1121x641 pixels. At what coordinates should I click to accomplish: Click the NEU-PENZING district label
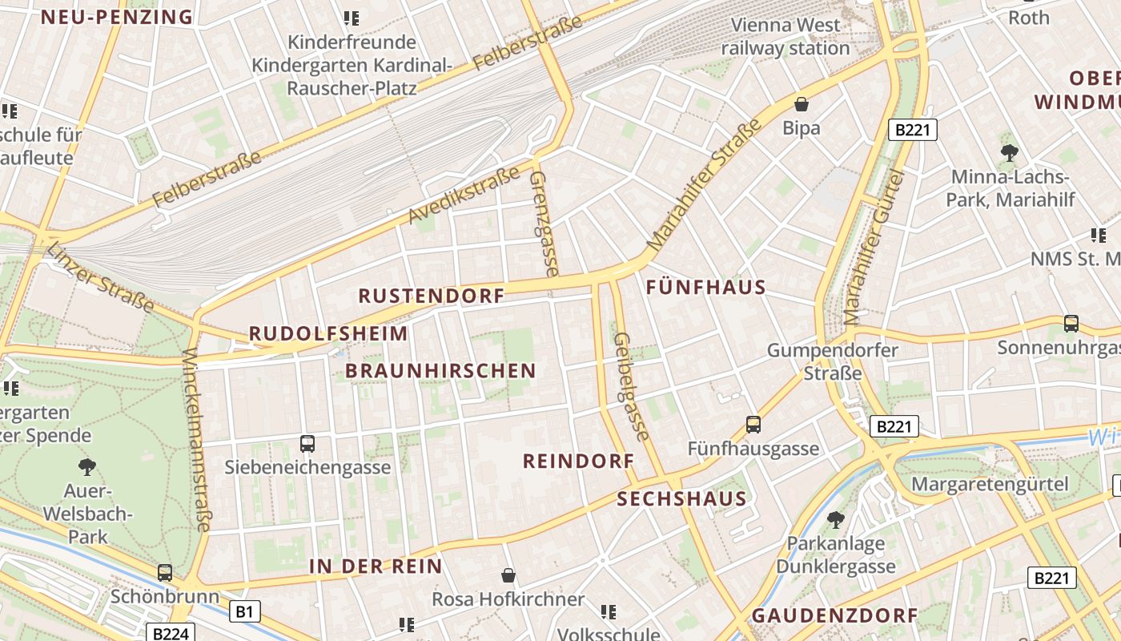pyautogui.click(x=117, y=17)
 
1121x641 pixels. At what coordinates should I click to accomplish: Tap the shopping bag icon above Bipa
pyautogui.click(x=801, y=104)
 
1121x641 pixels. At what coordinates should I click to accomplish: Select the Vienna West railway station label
pyautogui.click(x=785, y=37)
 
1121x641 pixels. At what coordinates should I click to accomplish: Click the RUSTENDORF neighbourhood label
pyautogui.click(x=431, y=296)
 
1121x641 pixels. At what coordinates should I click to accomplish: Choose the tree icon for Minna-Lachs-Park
pyautogui.click(x=1009, y=152)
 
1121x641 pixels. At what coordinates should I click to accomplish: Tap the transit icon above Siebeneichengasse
pyautogui.click(x=307, y=443)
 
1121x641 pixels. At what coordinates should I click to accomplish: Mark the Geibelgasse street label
pyautogui.click(x=630, y=386)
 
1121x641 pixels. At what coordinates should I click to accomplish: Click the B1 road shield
pyautogui.click(x=245, y=612)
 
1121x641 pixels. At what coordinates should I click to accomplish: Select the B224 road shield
pyautogui.click(x=171, y=633)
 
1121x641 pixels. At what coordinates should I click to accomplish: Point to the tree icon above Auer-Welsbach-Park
pyautogui.click(x=87, y=467)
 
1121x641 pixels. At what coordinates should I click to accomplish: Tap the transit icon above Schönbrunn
pyautogui.click(x=164, y=573)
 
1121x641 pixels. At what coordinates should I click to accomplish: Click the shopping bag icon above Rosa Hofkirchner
pyautogui.click(x=508, y=575)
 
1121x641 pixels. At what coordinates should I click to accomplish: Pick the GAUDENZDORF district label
pyautogui.click(x=834, y=615)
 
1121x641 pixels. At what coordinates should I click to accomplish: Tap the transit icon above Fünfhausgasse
pyautogui.click(x=753, y=425)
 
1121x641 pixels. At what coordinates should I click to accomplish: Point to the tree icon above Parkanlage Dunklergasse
pyautogui.click(x=835, y=519)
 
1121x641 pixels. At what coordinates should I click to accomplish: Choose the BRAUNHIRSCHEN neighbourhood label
pyautogui.click(x=440, y=370)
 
